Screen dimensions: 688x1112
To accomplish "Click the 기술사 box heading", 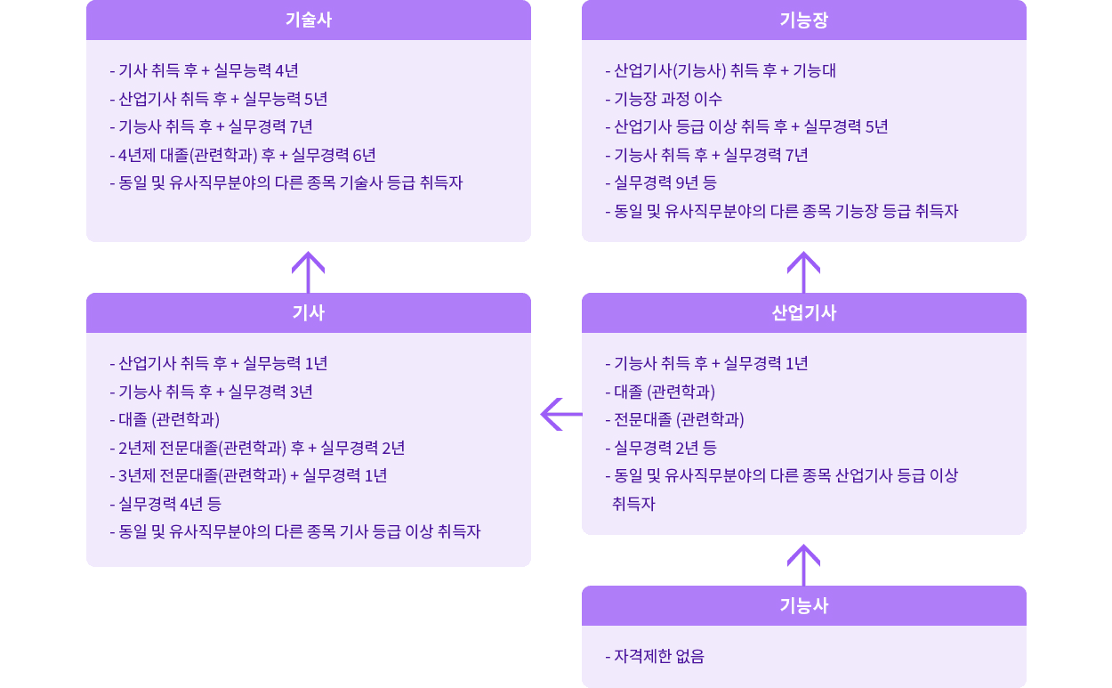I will pos(308,20).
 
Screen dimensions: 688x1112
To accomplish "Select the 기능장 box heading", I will pos(803,20).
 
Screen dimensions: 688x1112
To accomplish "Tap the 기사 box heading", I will pos(308,312).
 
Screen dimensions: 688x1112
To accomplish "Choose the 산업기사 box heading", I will pos(803,312).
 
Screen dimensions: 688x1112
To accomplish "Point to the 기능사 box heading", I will pos(803,605).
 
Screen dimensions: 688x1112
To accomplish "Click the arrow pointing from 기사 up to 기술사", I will pos(308,271).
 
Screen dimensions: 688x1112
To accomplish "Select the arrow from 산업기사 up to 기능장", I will pos(803,271).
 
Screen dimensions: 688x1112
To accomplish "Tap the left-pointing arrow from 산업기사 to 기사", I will pos(560,414).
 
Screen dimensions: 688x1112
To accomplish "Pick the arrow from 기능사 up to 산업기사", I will pos(803,563).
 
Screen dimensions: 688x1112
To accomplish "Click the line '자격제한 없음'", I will pos(655,657).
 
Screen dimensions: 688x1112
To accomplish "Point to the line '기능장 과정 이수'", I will pos(664,99).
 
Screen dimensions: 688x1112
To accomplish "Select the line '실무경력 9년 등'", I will pos(660,183).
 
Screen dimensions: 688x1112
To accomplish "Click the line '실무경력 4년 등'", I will pos(165,504).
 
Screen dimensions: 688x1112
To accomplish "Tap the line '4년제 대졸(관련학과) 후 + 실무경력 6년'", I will pos(243,155).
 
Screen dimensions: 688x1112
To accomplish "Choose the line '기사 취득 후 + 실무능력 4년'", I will pos(204,70).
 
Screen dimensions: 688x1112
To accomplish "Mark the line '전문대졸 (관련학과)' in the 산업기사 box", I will pos(674,419).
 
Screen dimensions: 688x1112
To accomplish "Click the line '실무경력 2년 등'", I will pos(660,448).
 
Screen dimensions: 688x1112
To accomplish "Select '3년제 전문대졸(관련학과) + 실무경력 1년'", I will pos(248,475).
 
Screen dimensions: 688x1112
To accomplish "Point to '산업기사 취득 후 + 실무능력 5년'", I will pos(219,99).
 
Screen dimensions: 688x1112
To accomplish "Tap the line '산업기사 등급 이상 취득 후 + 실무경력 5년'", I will pos(746,126).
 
